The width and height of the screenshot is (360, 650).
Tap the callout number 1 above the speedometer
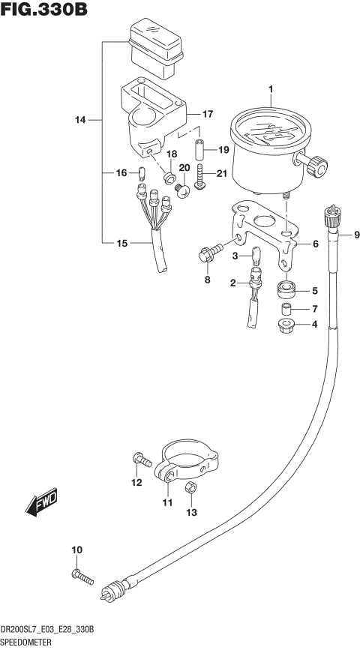271,91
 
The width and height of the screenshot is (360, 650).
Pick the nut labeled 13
190,489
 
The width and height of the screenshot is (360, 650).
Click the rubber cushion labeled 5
286,288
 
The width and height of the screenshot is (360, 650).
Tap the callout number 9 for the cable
356,235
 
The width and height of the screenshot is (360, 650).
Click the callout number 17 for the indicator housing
207,114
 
